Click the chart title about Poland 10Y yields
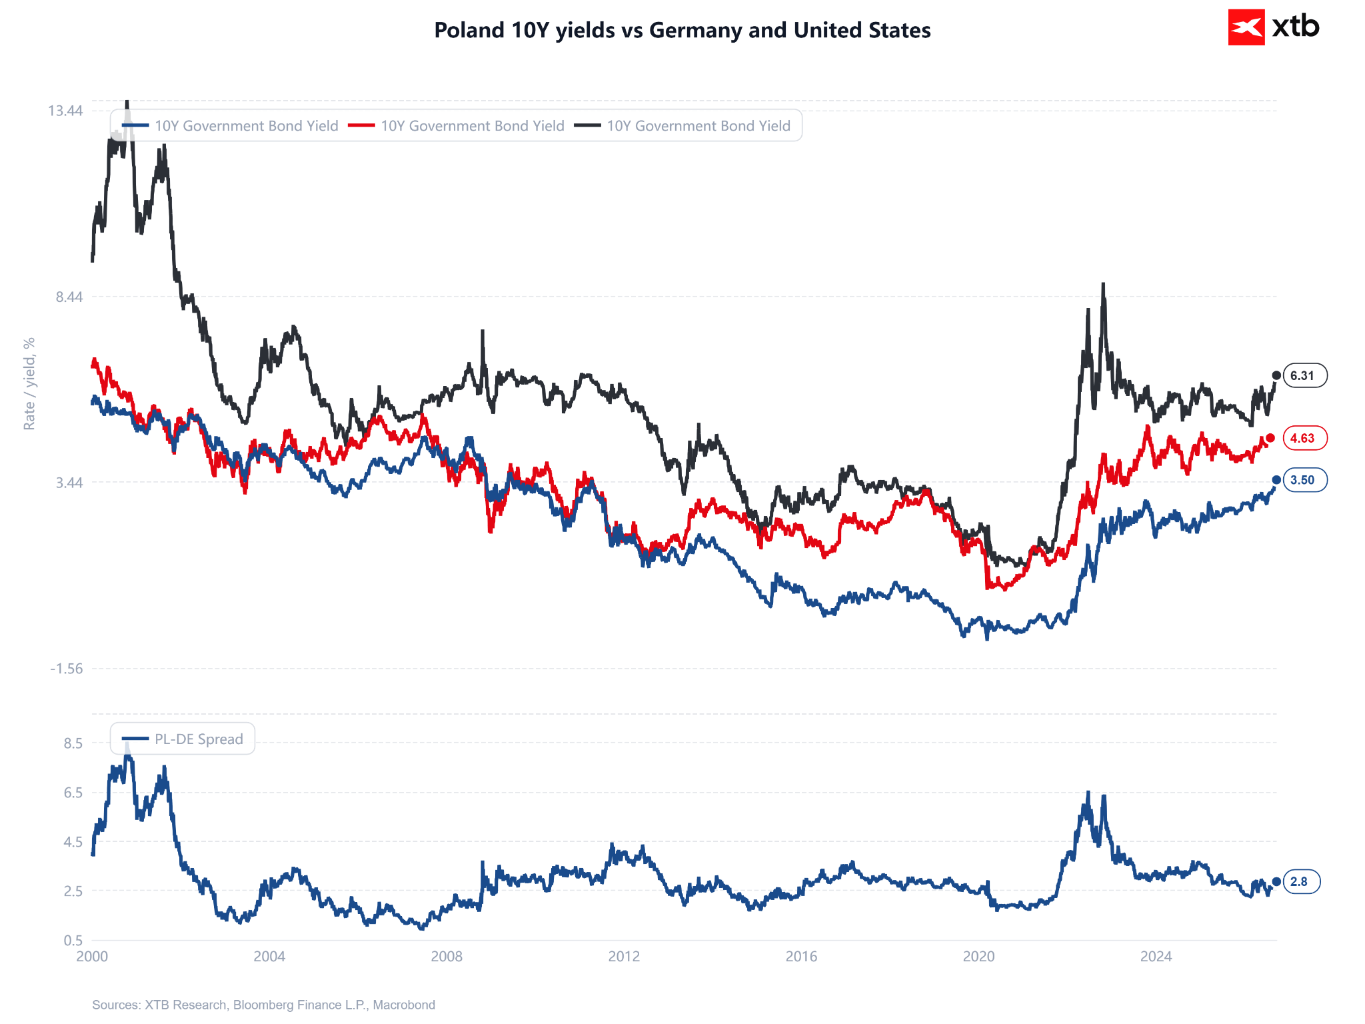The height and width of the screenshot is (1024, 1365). pyautogui.click(x=682, y=30)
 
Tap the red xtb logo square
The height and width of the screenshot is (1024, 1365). pyautogui.click(x=1246, y=27)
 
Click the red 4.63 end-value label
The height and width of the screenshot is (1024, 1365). pyautogui.click(x=1305, y=438)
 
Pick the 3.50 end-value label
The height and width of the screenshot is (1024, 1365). pyautogui.click(x=1305, y=480)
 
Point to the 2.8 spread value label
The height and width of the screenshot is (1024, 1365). pyautogui.click(x=1302, y=881)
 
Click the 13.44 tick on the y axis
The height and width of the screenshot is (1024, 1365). pyautogui.click(x=65, y=111)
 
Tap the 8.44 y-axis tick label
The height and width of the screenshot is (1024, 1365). pyautogui.click(x=69, y=297)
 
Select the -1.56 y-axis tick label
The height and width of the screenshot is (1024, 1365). pyautogui.click(x=67, y=669)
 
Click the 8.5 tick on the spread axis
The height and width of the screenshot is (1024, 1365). pyautogui.click(x=73, y=743)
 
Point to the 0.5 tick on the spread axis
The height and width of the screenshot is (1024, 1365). pyautogui.click(x=73, y=941)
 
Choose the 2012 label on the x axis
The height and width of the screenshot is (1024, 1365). pyautogui.click(x=624, y=957)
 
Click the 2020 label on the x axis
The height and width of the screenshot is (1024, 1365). pyautogui.click(x=978, y=957)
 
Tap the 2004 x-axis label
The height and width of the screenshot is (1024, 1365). pyautogui.click(x=269, y=957)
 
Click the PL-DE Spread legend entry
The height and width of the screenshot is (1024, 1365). pyautogui.click(x=183, y=739)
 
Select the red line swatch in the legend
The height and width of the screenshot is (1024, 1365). pyautogui.click(x=361, y=125)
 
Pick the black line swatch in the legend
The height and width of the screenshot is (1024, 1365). pyautogui.click(x=587, y=125)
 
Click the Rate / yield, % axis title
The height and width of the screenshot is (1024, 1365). pyautogui.click(x=29, y=384)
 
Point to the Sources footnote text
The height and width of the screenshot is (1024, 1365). pyautogui.click(x=263, y=1005)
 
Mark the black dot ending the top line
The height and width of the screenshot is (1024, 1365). pyautogui.click(x=1276, y=375)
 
